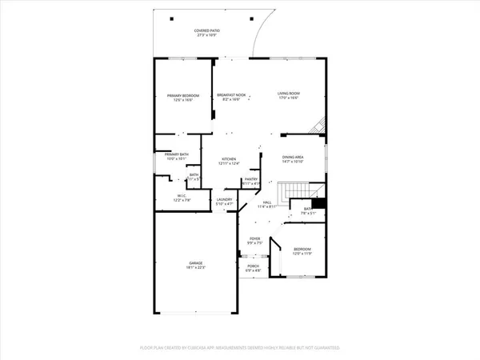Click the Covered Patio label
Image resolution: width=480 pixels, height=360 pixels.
tap(207, 30)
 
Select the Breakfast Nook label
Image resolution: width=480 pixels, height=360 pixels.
tap(230, 96)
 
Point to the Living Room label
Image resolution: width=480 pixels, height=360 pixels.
tap(288, 96)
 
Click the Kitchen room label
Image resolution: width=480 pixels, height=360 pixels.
tap(230, 159)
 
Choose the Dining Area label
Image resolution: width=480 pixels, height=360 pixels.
tap(294, 158)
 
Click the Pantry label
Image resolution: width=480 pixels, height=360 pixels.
tap(251, 181)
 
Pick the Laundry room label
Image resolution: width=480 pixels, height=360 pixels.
tap(224, 200)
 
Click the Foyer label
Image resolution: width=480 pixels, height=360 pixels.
tap(255, 239)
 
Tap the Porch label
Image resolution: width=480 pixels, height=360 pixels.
tap(253, 266)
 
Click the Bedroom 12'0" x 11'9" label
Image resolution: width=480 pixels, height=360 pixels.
tap(301, 250)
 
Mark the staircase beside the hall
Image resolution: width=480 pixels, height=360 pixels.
tap(300, 191)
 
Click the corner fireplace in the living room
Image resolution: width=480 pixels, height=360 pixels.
tap(320, 126)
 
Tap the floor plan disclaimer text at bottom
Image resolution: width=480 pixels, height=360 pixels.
tap(240, 349)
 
